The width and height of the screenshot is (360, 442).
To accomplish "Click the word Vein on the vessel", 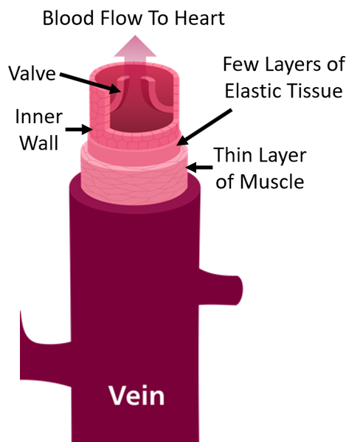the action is pyautogui.click(x=136, y=396).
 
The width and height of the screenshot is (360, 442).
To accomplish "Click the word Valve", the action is pyautogui.click(x=32, y=73).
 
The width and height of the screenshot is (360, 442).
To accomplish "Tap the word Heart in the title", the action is pyautogui.click(x=200, y=18).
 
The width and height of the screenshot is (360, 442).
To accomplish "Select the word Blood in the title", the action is pyautogui.click(x=68, y=18).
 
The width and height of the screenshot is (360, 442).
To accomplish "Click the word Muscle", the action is pyautogui.click(x=272, y=182).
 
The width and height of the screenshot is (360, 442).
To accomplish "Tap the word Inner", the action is pyautogui.click(x=39, y=117).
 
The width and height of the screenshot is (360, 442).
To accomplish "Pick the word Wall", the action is pyautogui.click(x=39, y=142).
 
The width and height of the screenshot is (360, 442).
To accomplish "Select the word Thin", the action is pyautogui.click(x=232, y=155).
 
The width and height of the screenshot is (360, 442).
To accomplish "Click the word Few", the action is pyautogui.click(x=240, y=64).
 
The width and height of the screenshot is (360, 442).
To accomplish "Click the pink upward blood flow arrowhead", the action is pyautogui.click(x=135, y=46).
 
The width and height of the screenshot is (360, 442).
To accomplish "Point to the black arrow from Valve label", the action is pyautogui.click(x=91, y=83).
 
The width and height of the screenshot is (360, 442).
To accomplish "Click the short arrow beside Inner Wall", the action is pyautogui.click(x=79, y=129).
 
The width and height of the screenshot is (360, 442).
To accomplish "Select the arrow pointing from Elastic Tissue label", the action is pyautogui.click(x=204, y=128).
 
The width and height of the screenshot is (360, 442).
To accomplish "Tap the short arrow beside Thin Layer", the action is pyautogui.click(x=199, y=168).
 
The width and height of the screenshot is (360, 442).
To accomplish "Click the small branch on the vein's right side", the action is pyautogui.click(x=221, y=288).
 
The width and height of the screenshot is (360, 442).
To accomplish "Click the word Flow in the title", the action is pyautogui.click(x=122, y=18).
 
